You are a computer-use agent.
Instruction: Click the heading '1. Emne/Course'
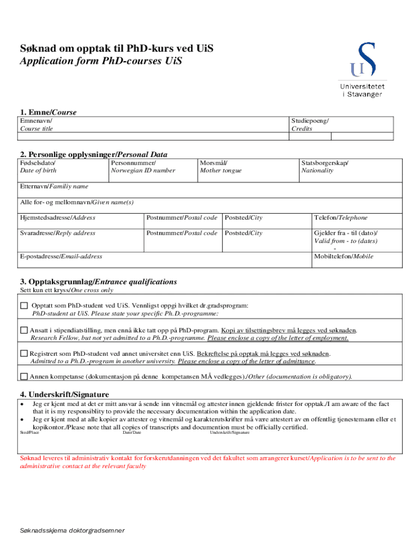(x=48, y=112)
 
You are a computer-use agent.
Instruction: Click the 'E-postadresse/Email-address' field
(x=164, y=260)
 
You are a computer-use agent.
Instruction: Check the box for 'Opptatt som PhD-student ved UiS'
(x=23, y=306)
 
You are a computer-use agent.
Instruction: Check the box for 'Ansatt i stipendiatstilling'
(x=23, y=330)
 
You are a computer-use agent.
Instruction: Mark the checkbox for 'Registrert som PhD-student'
(x=23, y=354)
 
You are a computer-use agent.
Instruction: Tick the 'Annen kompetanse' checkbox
(x=23, y=377)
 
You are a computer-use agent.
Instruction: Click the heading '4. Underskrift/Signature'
(x=64, y=395)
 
